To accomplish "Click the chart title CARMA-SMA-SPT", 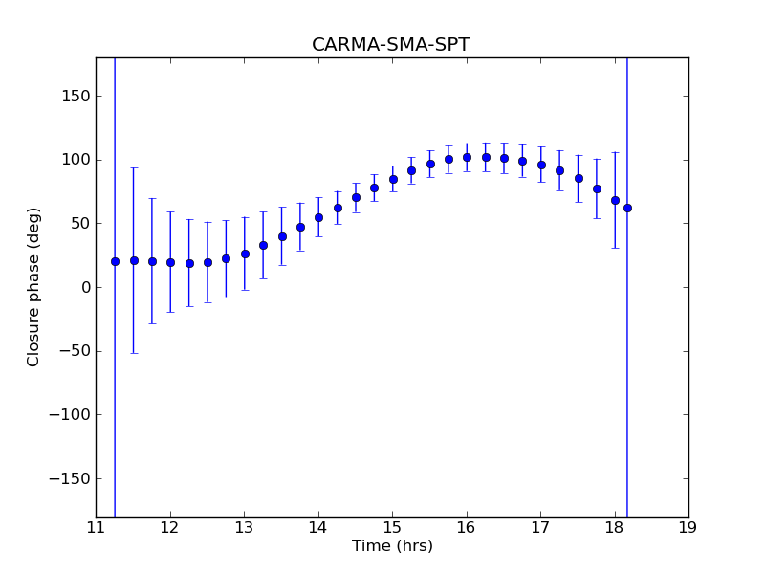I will [391, 45].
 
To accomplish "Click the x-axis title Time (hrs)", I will [392, 546].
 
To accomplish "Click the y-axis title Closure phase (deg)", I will [34, 287].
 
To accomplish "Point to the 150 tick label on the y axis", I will [76, 96].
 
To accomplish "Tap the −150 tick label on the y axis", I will [72, 478].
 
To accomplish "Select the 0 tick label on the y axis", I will [86, 287].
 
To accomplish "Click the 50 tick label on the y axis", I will [80, 223].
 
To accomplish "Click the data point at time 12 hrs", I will [170, 262].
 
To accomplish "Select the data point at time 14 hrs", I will [318, 217].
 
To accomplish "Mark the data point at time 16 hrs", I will [467, 157].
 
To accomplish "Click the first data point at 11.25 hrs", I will [115, 261].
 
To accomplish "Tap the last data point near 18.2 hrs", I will [627, 208].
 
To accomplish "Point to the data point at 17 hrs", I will [541, 165].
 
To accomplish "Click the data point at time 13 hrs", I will [245, 254].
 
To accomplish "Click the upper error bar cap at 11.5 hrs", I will [134, 167].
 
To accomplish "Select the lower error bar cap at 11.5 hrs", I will [134, 353].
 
